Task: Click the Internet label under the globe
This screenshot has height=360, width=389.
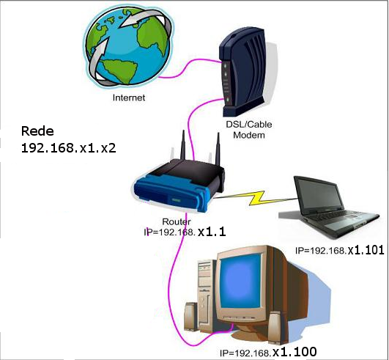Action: (129, 98)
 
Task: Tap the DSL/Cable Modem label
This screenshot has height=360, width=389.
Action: (249, 130)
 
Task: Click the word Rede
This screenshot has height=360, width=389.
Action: (37, 131)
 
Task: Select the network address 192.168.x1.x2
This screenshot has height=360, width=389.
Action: (69, 148)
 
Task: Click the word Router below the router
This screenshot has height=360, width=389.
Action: (177, 221)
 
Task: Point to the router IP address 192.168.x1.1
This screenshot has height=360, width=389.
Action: (185, 232)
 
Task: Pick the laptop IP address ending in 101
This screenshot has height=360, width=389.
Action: (340, 250)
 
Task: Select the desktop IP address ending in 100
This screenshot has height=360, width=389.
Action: (268, 352)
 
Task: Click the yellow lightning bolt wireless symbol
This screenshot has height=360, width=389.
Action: (258, 198)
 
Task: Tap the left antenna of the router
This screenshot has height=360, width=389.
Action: (183, 145)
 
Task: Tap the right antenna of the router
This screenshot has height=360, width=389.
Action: (218, 149)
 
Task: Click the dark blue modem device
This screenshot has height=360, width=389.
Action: (243, 72)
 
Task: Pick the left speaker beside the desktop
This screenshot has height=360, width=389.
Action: (190, 317)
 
